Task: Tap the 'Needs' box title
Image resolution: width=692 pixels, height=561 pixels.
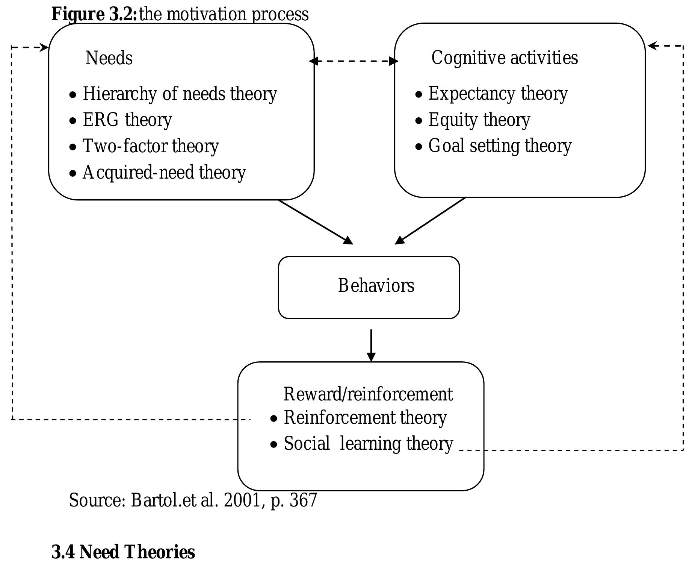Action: [x=109, y=58]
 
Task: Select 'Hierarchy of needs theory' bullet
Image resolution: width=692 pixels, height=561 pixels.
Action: [x=179, y=94]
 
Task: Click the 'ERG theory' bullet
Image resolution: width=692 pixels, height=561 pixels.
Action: [x=127, y=120]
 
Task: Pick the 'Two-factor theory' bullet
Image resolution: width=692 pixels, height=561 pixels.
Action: [x=150, y=146]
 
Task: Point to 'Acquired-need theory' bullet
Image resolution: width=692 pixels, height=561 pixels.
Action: [x=163, y=173]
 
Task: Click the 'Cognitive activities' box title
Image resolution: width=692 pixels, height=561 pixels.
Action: [x=505, y=58]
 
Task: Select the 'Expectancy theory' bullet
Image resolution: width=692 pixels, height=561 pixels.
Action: [x=498, y=94]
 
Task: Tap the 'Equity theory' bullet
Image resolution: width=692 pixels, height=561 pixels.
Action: [x=479, y=120]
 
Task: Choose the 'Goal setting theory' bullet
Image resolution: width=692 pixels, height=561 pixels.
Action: [x=500, y=146]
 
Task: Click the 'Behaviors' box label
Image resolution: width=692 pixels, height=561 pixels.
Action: [x=376, y=286]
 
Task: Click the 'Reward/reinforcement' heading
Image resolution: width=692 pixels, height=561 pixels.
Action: [x=368, y=394]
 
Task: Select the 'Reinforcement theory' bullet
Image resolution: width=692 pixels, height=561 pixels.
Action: [x=365, y=418]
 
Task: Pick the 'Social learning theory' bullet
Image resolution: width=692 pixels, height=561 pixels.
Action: [x=368, y=444]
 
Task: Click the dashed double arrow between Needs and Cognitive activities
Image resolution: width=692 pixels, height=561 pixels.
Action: [x=354, y=61]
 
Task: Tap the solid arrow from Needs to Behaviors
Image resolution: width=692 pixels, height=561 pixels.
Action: [x=316, y=222]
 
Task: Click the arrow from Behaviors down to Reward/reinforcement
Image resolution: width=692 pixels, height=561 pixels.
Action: [x=371, y=345]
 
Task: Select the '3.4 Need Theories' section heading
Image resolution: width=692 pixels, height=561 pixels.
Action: [x=123, y=552]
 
